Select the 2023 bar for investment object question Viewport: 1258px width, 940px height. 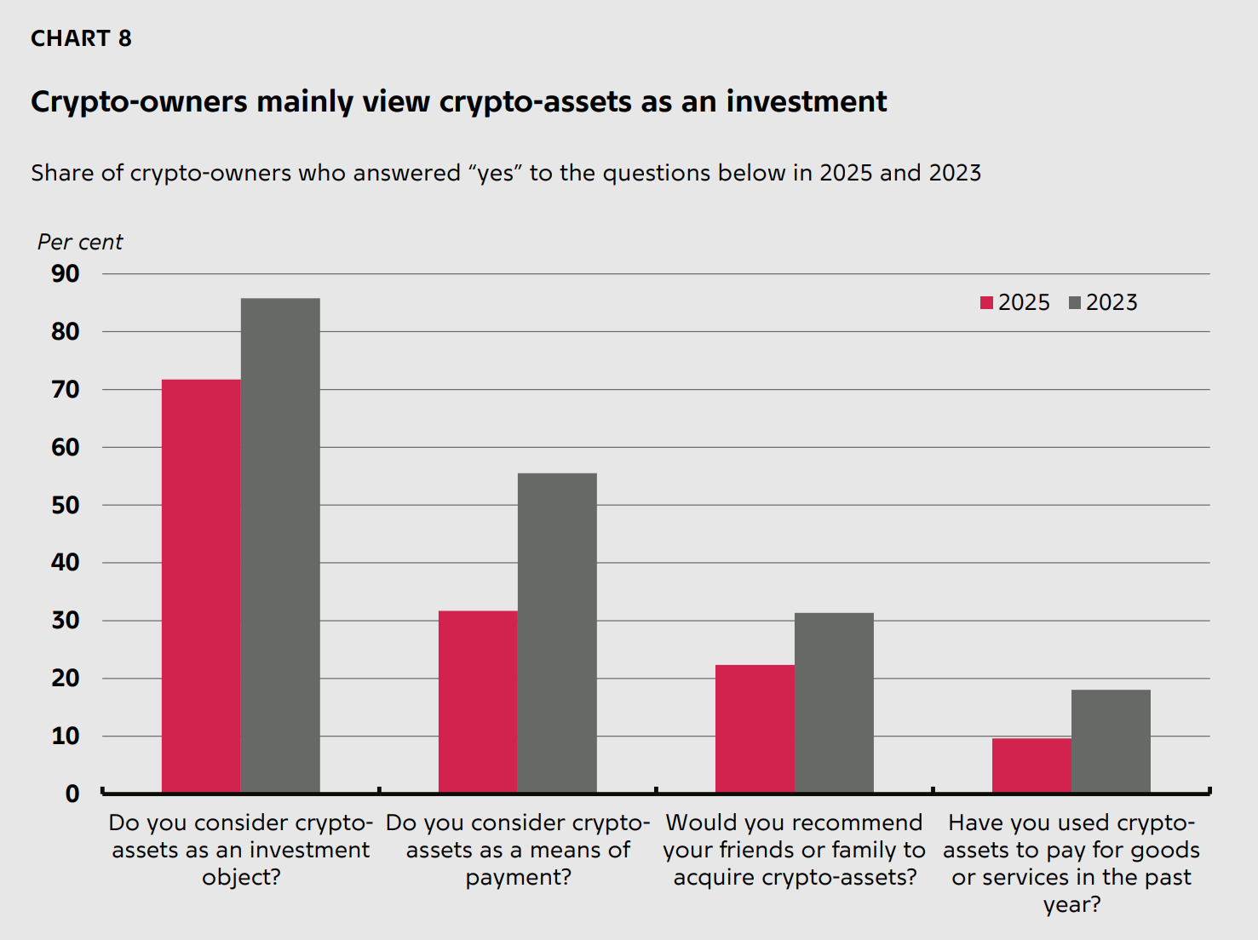pos(280,545)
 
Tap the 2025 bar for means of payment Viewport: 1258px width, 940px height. pos(478,702)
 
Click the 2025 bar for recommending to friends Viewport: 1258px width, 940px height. pos(755,729)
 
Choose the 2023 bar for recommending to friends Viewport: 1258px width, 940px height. pos(834,702)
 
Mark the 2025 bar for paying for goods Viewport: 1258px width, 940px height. pos(1031,765)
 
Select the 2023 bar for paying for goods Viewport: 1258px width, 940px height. pos(1111,741)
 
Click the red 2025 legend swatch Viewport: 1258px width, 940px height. pos(987,303)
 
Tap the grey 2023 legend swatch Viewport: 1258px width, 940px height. pos(1075,303)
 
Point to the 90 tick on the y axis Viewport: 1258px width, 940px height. pos(66,274)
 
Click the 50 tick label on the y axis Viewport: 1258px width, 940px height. pos(66,506)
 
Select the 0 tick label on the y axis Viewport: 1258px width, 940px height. pos(72,794)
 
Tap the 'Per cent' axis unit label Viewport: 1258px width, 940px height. pos(80,243)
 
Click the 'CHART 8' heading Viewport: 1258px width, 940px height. pos(81,39)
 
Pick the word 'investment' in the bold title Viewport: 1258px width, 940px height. pos(806,102)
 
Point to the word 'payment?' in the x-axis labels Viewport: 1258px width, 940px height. pos(518,877)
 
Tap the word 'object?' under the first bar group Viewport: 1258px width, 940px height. pos(241,877)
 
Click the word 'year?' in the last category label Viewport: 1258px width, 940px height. pos(1071,904)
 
